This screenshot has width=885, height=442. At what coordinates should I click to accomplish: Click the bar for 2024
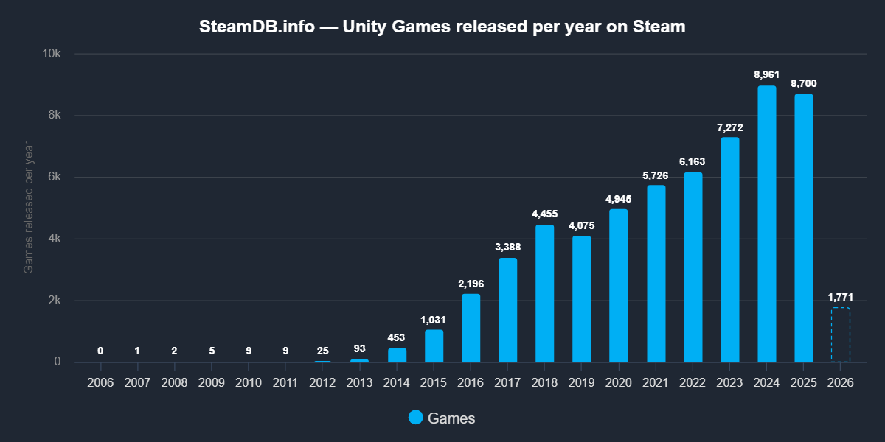pos(767,224)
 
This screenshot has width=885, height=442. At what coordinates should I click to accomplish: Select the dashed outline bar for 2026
pos(841,335)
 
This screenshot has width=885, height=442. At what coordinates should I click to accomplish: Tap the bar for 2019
pos(582,299)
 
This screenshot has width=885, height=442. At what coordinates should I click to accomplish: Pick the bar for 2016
pos(471,329)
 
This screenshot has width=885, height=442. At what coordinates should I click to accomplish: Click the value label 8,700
pos(804,84)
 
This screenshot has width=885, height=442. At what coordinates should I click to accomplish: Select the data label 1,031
pos(434,320)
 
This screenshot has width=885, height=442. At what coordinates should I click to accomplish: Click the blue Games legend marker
pos(416,418)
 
